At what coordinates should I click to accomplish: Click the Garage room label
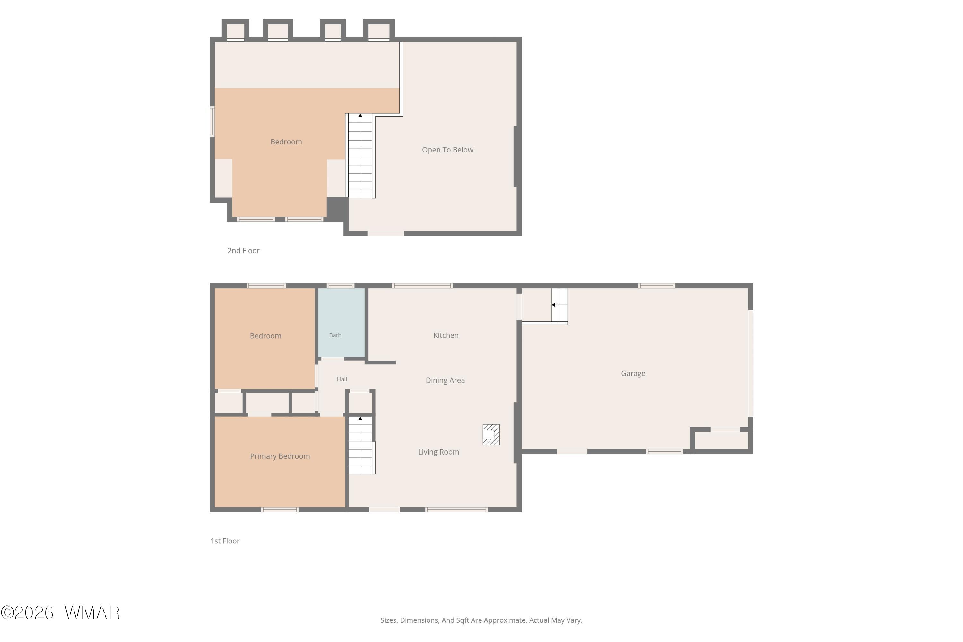click(x=633, y=373)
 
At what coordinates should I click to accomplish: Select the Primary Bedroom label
click(x=280, y=456)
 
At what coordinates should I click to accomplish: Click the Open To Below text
click(x=447, y=150)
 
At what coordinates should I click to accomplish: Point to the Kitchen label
click(x=446, y=335)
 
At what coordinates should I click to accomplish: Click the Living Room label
click(x=438, y=452)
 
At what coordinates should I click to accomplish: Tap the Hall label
click(x=342, y=379)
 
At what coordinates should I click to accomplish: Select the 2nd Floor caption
click(x=243, y=251)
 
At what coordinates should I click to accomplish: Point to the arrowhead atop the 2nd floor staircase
click(x=360, y=116)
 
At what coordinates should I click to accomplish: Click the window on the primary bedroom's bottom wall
click(x=280, y=509)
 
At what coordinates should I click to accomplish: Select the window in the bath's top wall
click(x=340, y=285)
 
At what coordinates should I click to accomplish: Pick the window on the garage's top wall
click(x=656, y=285)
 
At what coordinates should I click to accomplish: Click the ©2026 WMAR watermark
click(x=60, y=612)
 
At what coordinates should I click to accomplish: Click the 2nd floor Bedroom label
click(x=286, y=142)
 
